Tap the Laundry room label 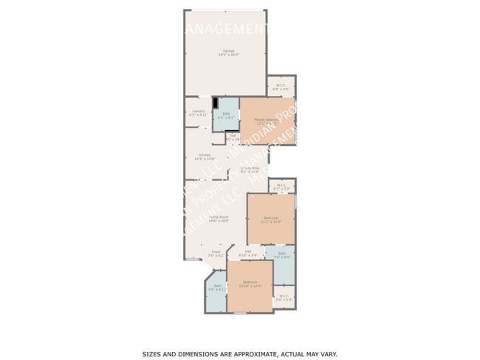click(197, 113)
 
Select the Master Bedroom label click(266, 121)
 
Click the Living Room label click(218, 218)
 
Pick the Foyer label click(216, 254)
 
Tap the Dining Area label click(249, 169)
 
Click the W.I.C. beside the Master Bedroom click(281, 86)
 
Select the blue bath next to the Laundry click(226, 115)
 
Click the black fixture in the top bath click(216, 103)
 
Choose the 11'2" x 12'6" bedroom click(271, 219)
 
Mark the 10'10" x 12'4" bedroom click(250, 285)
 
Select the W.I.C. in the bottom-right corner click(284, 298)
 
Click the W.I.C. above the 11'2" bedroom click(281, 187)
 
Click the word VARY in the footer click(328, 354)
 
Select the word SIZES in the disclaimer click(153, 354)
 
